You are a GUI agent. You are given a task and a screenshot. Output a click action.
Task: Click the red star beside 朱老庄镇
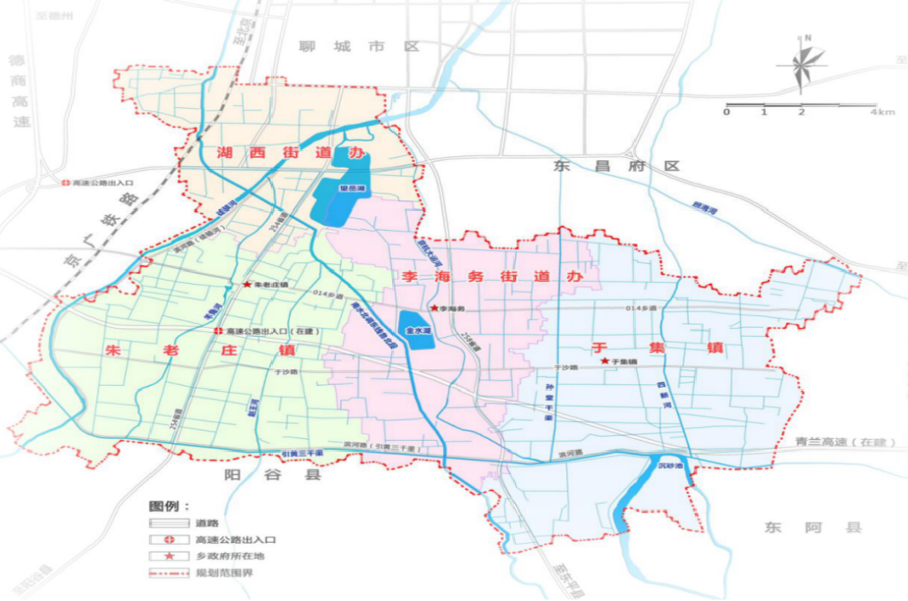(x=246, y=285)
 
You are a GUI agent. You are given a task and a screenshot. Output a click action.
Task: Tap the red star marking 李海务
(x=434, y=308)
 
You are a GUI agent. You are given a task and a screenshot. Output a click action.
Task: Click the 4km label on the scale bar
(x=884, y=111)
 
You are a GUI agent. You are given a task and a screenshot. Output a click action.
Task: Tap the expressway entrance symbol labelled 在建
(x=217, y=330)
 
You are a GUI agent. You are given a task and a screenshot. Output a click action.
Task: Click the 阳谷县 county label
(x=260, y=475)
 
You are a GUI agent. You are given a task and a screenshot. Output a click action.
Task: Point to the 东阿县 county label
(x=813, y=527)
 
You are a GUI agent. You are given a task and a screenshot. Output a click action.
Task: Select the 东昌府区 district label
(x=615, y=166)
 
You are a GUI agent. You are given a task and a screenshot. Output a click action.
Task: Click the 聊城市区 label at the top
(x=360, y=46)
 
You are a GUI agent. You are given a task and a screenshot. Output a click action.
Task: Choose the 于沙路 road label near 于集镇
(x=567, y=366)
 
